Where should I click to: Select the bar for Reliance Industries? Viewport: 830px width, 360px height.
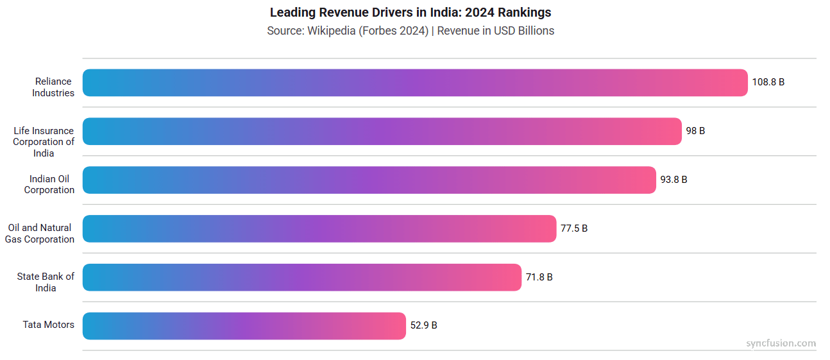coord(415,83)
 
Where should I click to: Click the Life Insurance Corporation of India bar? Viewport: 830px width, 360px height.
coord(382,132)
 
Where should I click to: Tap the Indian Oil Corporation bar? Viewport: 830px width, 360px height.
coord(369,180)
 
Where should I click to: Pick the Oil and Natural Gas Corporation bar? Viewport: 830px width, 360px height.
coord(319,228)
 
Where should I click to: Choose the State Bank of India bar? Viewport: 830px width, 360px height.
coord(301,277)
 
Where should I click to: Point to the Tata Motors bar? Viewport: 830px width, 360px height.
coord(244,326)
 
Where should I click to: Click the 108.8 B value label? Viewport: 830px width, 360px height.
coord(768,82)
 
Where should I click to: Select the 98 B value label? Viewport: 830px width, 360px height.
coord(695,131)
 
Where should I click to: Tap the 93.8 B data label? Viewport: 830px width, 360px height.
coord(673,180)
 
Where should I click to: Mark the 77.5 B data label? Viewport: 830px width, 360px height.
coord(574,228)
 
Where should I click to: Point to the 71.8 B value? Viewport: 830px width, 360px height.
coord(539,277)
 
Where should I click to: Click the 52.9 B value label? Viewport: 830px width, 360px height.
coord(423,325)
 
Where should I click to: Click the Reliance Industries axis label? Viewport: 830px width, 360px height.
coord(55,87)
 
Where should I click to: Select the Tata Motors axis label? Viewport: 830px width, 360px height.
coord(49,325)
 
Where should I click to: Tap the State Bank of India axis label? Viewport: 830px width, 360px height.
coord(46,282)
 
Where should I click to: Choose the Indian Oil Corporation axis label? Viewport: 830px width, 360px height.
coord(49,185)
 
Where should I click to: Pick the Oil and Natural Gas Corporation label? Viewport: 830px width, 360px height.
coord(40,234)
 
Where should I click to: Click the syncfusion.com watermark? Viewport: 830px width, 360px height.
coord(781,343)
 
